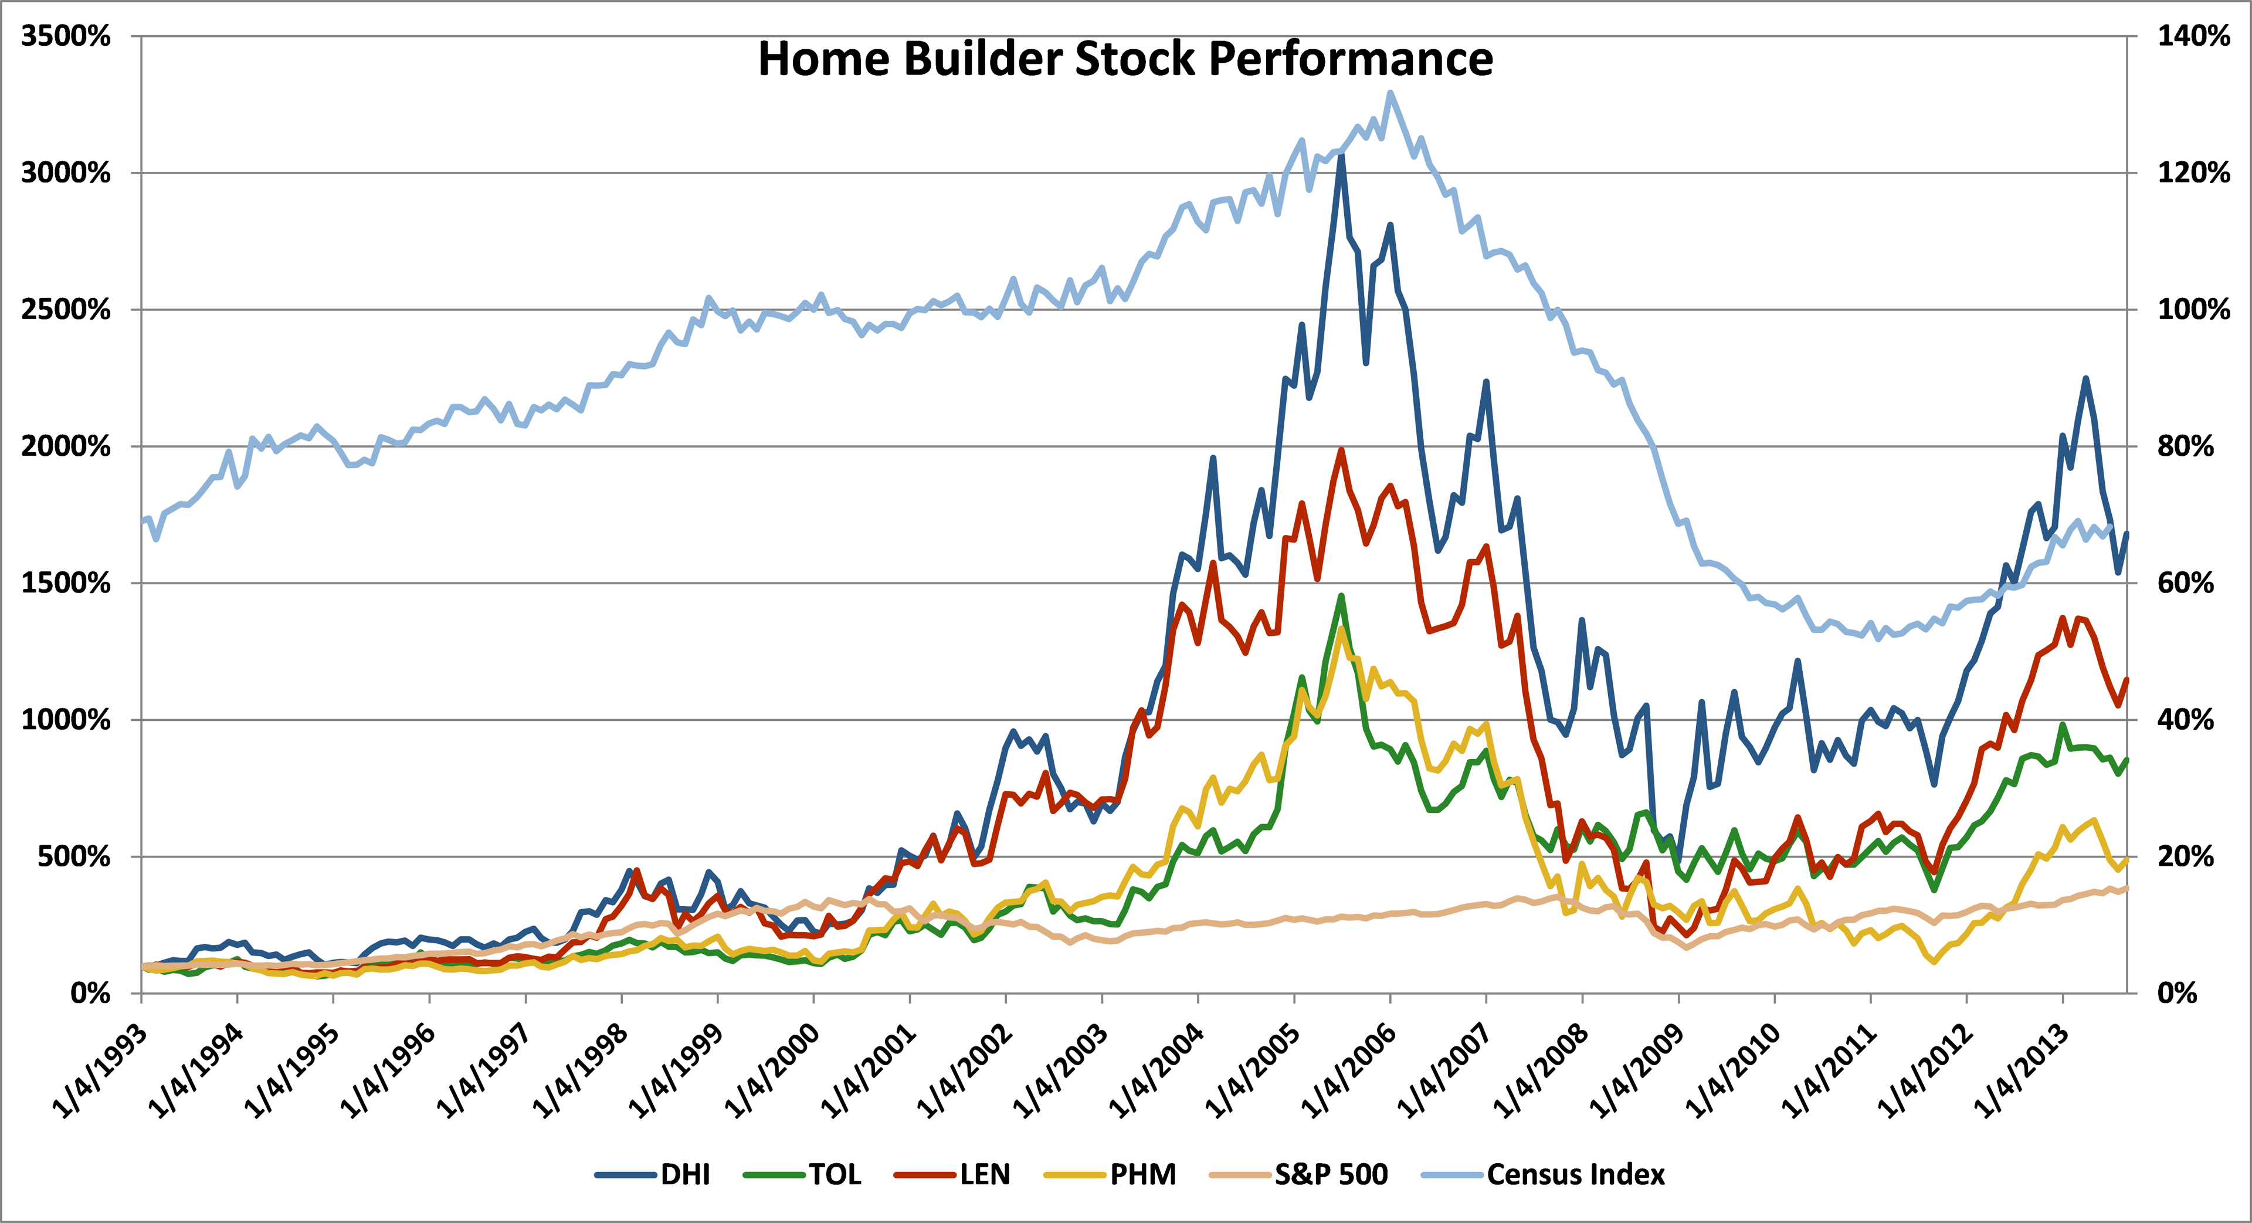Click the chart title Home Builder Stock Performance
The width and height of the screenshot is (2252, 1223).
pyautogui.click(x=1125, y=59)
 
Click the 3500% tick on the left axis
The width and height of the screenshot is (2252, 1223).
pyautogui.click(x=66, y=37)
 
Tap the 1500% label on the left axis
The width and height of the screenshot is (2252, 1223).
pyautogui.click(x=66, y=583)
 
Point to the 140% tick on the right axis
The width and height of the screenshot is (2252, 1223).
pyautogui.click(x=2193, y=37)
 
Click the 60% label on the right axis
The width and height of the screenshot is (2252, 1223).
pyautogui.click(x=2186, y=583)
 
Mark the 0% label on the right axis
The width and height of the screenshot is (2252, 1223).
pyautogui.click(x=2177, y=993)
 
